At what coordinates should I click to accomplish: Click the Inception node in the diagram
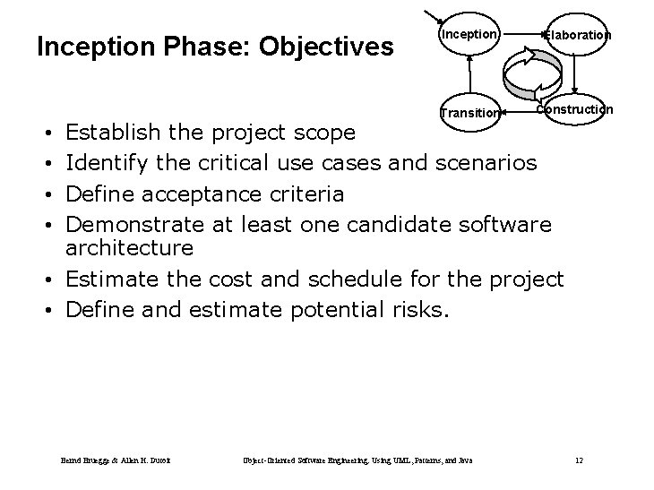[x=468, y=34]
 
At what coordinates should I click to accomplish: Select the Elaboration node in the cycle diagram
[x=579, y=35]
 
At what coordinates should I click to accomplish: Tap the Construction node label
[x=576, y=109]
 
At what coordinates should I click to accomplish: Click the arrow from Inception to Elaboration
[x=522, y=34]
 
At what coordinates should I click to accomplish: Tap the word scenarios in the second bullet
[x=486, y=162]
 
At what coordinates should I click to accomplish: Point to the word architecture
[x=130, y=247]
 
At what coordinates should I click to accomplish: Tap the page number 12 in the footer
[x=579, y=460]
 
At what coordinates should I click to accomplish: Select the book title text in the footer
[x=357, y=460]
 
